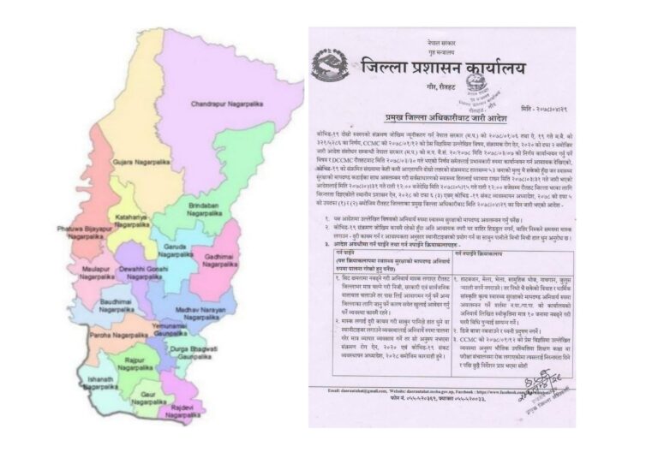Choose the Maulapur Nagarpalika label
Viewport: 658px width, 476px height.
click(97, 274)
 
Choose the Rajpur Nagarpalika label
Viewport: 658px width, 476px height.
click(138, 366)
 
